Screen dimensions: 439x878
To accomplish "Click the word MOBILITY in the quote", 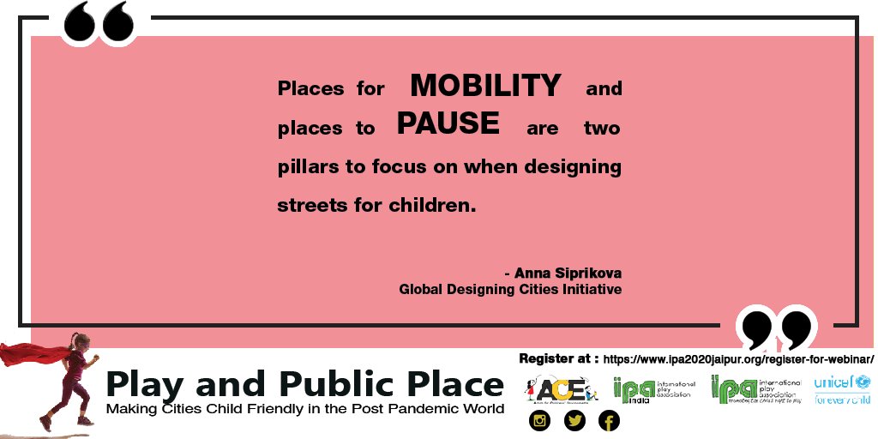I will (x=485, y=86).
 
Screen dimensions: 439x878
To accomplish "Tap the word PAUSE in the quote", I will (x=448, y=123).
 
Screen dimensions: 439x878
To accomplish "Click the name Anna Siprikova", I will (x=568, y=274).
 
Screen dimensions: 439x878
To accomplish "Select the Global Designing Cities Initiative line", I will (x=510, y=290).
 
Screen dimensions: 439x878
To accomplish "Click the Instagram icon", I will (x=539, y=421).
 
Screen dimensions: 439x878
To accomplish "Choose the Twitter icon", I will (x=574, y=421).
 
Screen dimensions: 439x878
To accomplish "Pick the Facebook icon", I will (x=608, y=421).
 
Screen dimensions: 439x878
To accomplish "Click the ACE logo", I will (x=558, y=389).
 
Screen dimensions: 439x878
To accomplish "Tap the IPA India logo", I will (x=652, y=390).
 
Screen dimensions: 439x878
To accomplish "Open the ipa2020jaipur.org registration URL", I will (x=738, y=358).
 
